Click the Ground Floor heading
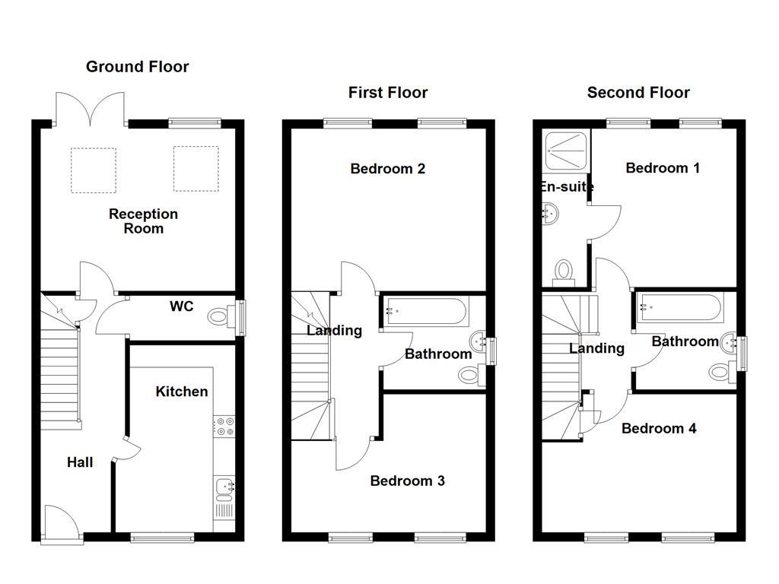pyautogui.click(x=137, y=67)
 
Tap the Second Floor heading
pyautogui.click(x=638, y=92)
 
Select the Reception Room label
pyautogui.click(x=143, y=221)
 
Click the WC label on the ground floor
pyautogui.click(x=181, y=306)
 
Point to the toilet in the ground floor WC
pyautogui.click(x=221, y=316)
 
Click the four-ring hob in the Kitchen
pyautogui.click(x=224, y=427)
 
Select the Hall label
pyautogui.click(x=80, y=462)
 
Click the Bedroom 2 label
pyautogui.click(x=387, y=169)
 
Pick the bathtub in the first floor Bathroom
pyautogui.click(x=426, y=311)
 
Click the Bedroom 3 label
pyautogui.click(x=408, y=481)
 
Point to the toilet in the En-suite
pyautogui.click(x=564, y=273)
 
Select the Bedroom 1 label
pyautogui.click(x=663, y=168)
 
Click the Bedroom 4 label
pyautogui.click(x=659, y=428)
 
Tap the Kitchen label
pyautogui.click(x=181, y=392)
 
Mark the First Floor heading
pyautogui.click(x=388, y=92)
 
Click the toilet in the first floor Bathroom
pyautogui.click(x=472, y=374)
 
